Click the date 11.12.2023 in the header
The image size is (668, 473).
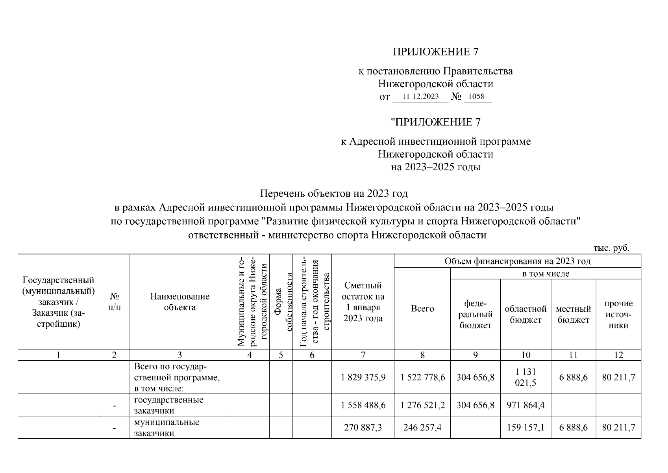(x=420, y=97)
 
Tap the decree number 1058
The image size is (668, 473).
(x=477, y=97)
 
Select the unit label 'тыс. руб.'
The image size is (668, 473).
(x=611, y=248)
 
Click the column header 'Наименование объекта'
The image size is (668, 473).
(x=179, y=302)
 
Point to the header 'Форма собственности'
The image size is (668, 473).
(x=281, y=302)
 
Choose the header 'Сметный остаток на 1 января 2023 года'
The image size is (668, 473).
(x=363, y=302)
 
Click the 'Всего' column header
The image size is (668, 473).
(x=422, y=309)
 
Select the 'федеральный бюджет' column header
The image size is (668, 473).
(x=476, y=314)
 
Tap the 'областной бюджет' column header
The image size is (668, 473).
(x=526, y=314)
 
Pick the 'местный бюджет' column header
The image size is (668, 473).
(x=574, y=314)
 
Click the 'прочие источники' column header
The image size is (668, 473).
(x=618, y=314)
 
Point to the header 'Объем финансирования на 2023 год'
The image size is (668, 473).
(x=517, y=261)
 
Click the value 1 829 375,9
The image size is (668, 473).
(x=363, y=377)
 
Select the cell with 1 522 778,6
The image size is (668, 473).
(x=422, y=377)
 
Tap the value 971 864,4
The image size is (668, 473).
(x=526, y=405)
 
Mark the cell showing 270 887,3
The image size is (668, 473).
(x=363, y=427)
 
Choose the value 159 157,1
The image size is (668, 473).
(x=526, y=427)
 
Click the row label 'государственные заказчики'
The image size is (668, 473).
(x=168, y=405)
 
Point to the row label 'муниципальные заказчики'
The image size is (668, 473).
(x=167, y=427)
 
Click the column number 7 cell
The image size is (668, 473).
(x=363, y=355)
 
